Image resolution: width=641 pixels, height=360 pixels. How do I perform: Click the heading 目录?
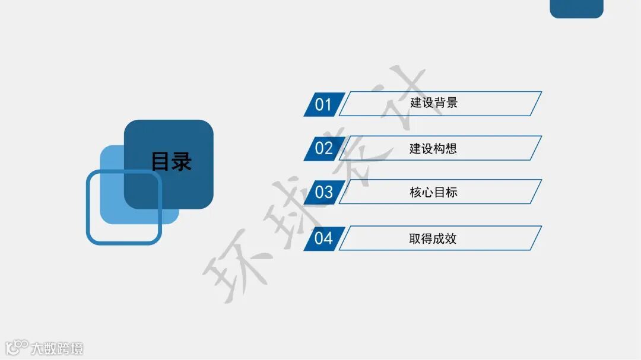point(172,162)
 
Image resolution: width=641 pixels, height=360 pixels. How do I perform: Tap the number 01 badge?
point(323,105)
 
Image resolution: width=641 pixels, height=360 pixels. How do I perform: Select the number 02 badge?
point(323,148)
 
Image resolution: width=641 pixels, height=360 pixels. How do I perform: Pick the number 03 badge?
point(323,192)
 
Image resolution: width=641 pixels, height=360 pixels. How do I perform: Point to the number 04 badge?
point(323,238)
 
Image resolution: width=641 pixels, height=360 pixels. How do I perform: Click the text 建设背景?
point(434,103)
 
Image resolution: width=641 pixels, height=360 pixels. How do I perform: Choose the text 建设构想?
point(433,148)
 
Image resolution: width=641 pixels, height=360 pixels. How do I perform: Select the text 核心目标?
point(433,192)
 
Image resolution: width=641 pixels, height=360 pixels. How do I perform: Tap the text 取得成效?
point(433,238)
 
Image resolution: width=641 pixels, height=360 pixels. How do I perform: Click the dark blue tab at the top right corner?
point(576,8)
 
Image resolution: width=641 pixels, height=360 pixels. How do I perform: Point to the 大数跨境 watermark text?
point(58,348)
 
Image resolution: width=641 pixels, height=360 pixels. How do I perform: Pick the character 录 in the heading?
point(182,162)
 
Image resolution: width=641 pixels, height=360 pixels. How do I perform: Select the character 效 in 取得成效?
point(451,238)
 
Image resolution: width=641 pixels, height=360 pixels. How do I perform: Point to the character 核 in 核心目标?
point(415,192)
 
